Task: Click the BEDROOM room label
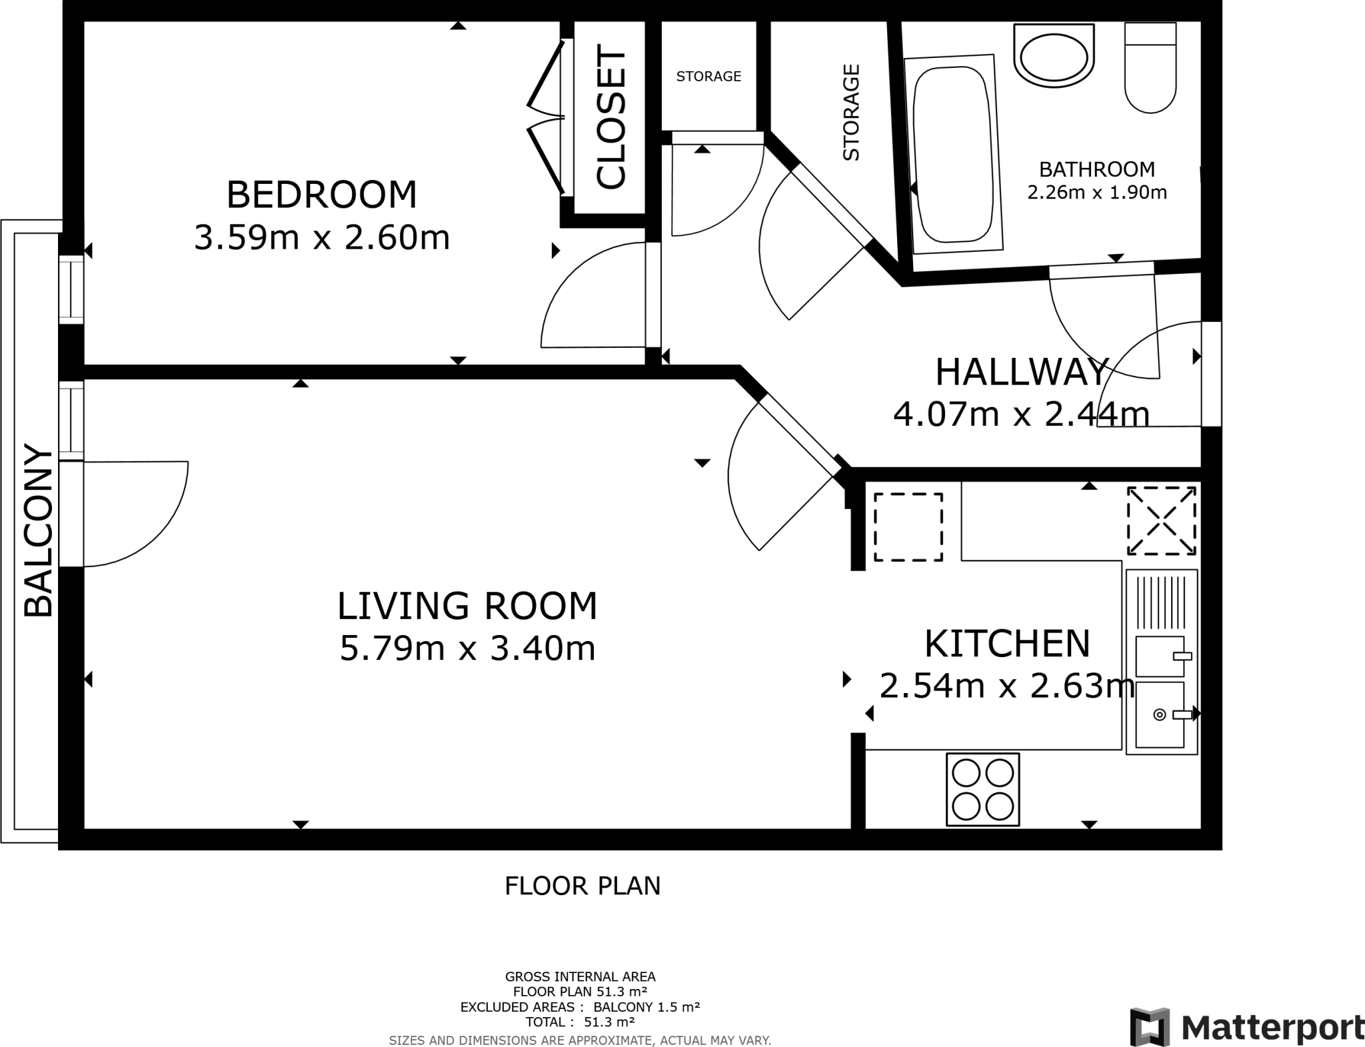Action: coord(321,195)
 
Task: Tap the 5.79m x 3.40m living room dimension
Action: coord(467,648)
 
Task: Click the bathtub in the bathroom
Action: coord(953,155)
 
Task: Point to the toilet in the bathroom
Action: coord(1150,68)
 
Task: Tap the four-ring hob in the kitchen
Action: coord(982,790)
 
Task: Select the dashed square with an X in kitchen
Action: coord(1161,521)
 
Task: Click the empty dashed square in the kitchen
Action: coord(908,526)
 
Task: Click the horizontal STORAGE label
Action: coord(708,77)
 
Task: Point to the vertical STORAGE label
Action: coord(851,112)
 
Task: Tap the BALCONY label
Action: coord(38,531)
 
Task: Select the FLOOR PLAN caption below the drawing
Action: coord(583,886)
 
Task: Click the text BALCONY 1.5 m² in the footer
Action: coord(647,1006)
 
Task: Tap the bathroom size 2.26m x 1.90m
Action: coord(1096,193)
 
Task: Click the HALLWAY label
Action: coord(1021,372)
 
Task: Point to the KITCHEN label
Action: coord(1007,643)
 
